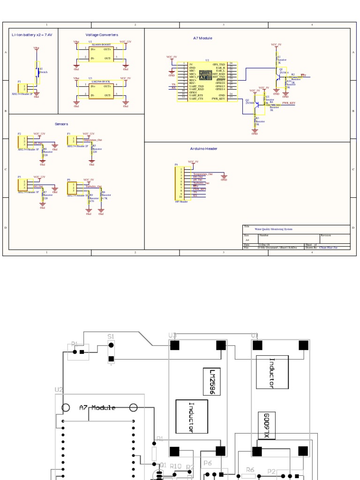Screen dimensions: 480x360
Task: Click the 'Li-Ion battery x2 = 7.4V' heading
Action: coord(32,35)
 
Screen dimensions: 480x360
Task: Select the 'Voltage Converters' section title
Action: coord(102,35)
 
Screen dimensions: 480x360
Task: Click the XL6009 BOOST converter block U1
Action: coord(101,53)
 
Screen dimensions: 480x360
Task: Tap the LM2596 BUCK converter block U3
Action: coord(101,91)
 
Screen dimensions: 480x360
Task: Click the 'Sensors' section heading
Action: coord(61,124)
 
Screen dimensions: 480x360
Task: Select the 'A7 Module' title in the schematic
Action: coord(202,38)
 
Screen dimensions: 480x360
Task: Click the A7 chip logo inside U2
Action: coord(205,75)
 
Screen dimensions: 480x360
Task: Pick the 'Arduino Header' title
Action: coord(203,149)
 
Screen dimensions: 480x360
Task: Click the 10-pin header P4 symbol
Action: coord(179,184)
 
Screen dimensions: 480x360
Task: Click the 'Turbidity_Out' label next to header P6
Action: coord(93,186)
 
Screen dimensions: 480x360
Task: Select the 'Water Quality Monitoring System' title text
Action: coord(273,229)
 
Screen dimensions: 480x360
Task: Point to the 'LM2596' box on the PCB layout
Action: coord(212,382)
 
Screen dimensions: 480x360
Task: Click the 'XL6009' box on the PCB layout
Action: coord(267,426)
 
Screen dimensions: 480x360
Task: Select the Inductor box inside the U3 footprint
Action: coord(191,416)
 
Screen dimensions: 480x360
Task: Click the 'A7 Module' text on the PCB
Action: coord(97,407)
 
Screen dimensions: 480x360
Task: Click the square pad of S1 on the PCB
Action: coord(111,360)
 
